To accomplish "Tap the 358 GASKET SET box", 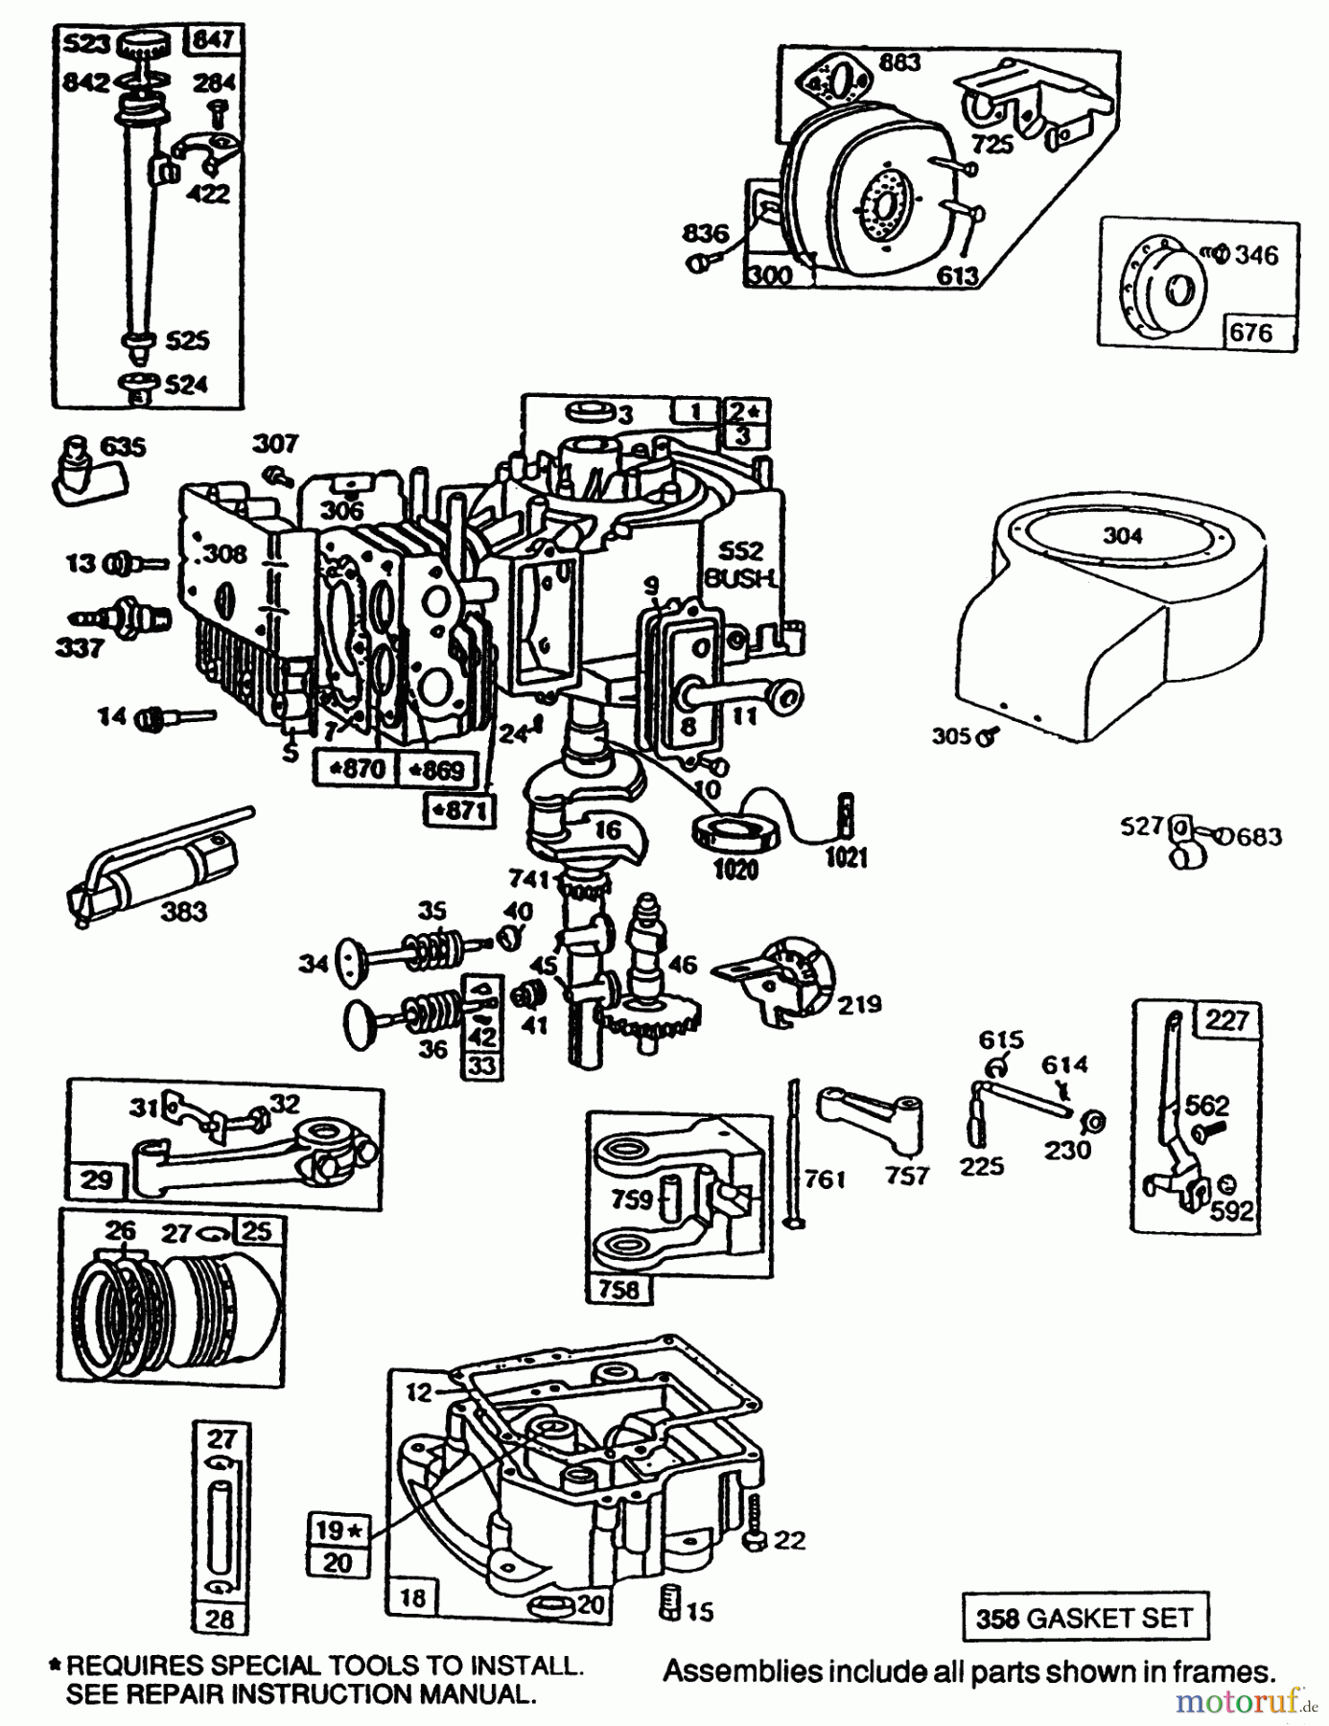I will [x=1084, y=1619].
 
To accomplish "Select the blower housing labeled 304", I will [x=1103, y=614].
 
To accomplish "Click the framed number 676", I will [x=1250, y=333].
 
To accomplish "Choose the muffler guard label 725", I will [x=991, y=144].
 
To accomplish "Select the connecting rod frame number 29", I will [x=96, y=1178].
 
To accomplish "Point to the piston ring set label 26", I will [x=120, y=1229].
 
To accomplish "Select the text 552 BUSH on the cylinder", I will [x=740, y=564].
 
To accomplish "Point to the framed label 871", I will [x=458, y=812].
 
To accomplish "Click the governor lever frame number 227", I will [x=1226, y=1019].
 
